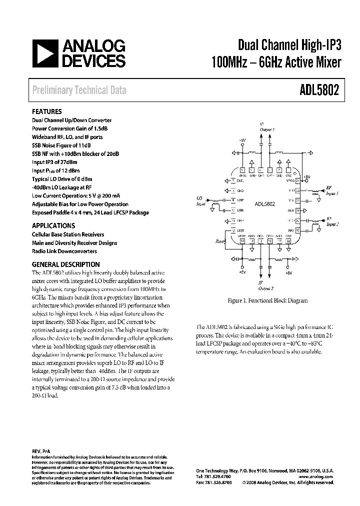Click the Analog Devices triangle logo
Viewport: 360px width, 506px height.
pyautogui.click(x=44, y=54)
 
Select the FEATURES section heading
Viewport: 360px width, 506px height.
pyautogui.click(x=47, y=112)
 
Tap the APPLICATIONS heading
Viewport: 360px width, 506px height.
pyautogui.click(x=53, y=225)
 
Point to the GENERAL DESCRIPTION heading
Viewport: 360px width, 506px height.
pyautogui.click(x=66, y=264)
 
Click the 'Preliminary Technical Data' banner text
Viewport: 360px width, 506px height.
pyautogui.click(x=79, y=90)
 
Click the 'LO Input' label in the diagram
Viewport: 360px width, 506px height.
pyautogui.click(x=201, y=201)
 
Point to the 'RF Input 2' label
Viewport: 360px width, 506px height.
pyautogui.click(x=332, y=222)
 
